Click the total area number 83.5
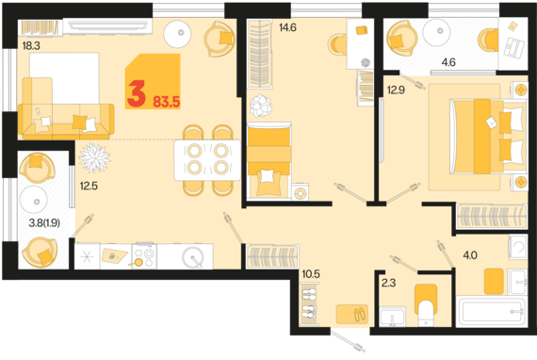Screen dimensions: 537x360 (x=167, y=102)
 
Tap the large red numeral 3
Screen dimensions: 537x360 (x=137, y=93)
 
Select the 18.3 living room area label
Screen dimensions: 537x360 (x=31, y=45)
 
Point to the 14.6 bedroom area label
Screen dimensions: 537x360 (x=287, y=27)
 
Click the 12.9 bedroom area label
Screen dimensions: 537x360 (x=396, y=90)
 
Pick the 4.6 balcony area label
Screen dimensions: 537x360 (x=448, y=62)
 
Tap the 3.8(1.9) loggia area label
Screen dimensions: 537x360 (x=44, y=223)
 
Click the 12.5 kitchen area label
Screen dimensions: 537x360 (x=89, y=186)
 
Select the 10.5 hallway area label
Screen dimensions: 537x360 (x=311, y=274)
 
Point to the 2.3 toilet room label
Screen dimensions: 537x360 (x=389, y=283)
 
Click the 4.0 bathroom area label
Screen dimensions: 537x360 (x=470, y=255)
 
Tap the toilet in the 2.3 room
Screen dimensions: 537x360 (x=426, y=304)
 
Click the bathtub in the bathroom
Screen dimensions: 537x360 (x=492, y=312)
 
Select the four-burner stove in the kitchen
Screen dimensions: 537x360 (x=144, y=256)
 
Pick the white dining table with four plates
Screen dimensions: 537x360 (x=207, y=160)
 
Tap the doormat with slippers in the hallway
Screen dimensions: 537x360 (x=352, y=314)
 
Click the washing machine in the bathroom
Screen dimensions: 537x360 (x=518, y=246)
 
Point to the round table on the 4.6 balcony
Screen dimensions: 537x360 (x=436, y=33)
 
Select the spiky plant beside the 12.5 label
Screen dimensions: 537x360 (x=94, y=158)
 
